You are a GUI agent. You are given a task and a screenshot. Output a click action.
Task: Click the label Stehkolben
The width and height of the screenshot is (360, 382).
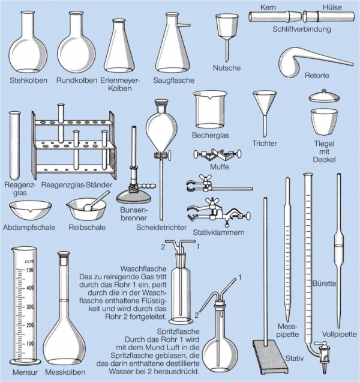click(x=28, y=80)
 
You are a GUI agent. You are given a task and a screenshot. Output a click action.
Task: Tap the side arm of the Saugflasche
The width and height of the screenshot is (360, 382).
click(x=184, y=25)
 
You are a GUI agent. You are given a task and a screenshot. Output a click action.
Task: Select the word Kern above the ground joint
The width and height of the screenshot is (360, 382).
click(x=268, y=7)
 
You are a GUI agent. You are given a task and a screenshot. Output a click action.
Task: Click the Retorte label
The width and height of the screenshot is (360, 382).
click(x=317, y=75)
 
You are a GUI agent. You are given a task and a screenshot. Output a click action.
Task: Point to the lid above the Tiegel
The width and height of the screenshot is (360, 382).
click(x=324, y=96)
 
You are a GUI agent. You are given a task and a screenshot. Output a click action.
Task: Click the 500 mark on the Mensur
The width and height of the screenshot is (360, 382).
click(x=30, y=270)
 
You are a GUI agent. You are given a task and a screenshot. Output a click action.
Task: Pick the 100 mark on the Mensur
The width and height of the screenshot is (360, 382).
click(x=30, y=344)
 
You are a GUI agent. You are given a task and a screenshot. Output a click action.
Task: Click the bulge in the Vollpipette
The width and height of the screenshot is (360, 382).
click(x=339, y=246)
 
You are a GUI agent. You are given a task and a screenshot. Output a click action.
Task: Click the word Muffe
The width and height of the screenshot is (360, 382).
click(x=220, y=166)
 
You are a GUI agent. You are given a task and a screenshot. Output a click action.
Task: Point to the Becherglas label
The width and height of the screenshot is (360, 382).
click(x=211, y=135)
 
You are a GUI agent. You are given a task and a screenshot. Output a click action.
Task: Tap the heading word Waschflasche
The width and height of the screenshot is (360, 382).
click(x=143, y=268)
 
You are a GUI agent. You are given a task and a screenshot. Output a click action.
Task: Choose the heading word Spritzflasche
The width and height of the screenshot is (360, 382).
click(x=178, y=332)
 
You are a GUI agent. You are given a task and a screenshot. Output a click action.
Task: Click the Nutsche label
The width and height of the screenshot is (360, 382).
click(x=227, y=68)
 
